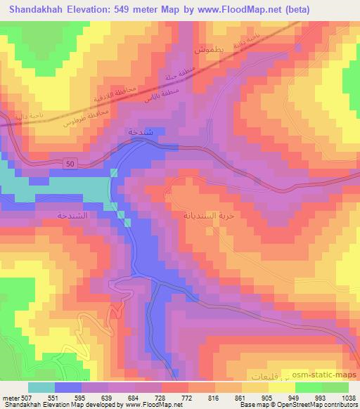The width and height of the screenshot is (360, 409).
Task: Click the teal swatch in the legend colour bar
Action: coord(41,387)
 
